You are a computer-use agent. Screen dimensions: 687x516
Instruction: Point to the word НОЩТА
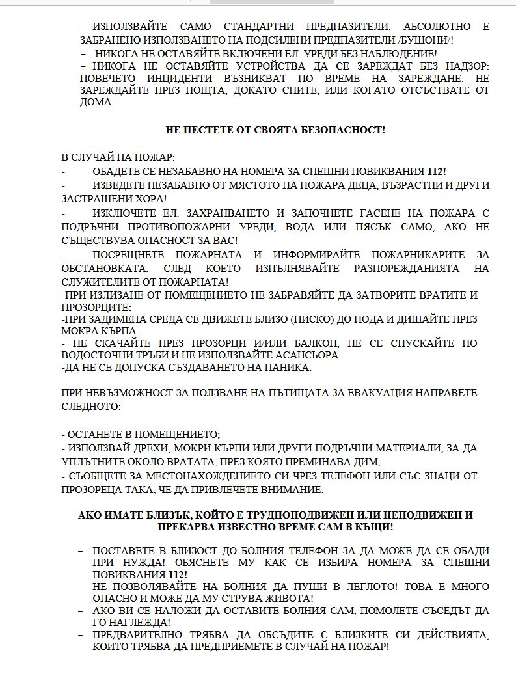pyautogui.click(x=189, y=90)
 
